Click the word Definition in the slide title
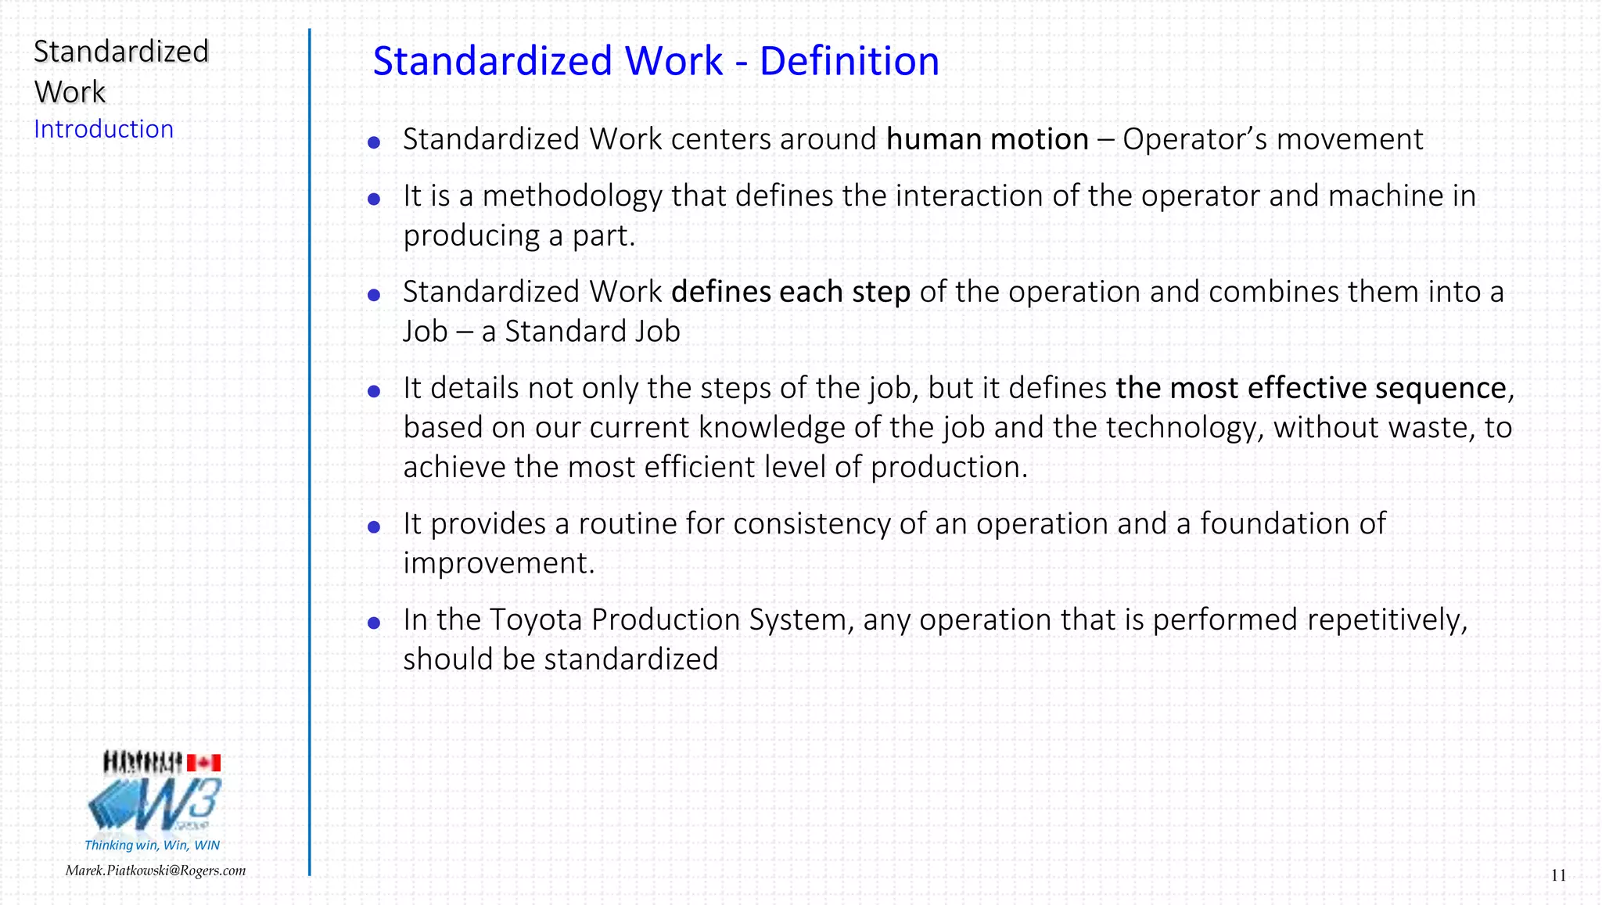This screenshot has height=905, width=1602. point(849,61)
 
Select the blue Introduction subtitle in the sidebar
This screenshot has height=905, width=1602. point(103,129)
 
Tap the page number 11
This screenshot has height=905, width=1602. point(1558,875)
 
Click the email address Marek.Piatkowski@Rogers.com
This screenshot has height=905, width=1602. point(156,871)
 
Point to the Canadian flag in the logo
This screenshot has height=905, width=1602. point(203,763)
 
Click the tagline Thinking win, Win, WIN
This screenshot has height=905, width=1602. point(152,845)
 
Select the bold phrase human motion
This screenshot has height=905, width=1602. point(987,139)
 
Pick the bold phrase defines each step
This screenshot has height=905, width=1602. point(790,292)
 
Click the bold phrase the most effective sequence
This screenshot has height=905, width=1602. point(1311,388)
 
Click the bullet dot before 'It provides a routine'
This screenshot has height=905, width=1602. point(374,527)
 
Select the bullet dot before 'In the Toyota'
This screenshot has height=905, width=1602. point(374,623)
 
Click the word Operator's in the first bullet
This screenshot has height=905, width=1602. point(1194,139)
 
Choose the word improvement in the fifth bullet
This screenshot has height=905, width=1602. point(498,563)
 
